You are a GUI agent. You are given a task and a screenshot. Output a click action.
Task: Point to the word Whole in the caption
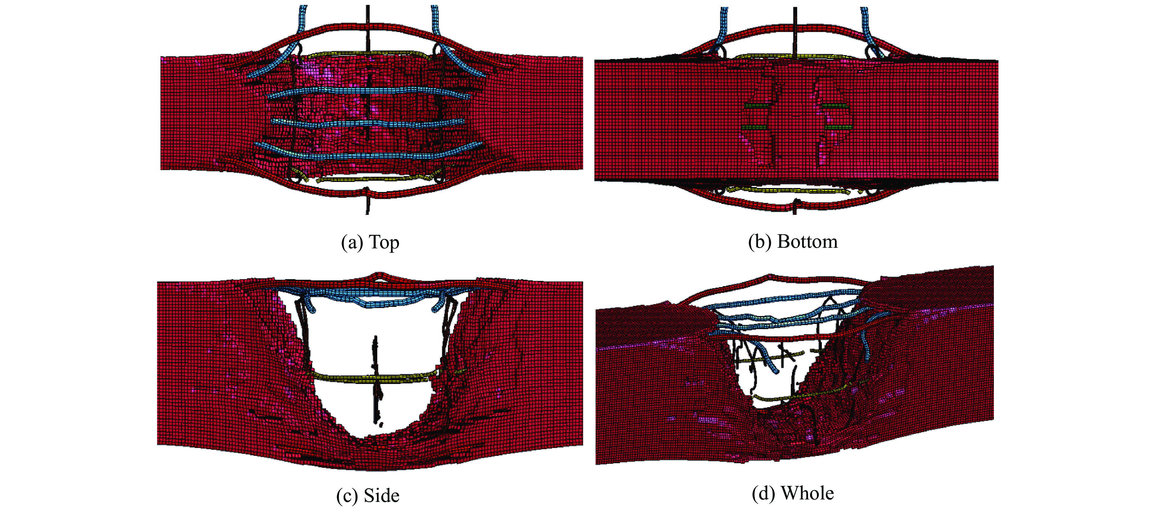point(807,493)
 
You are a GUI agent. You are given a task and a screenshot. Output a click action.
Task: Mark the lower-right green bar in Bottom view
point(837,127)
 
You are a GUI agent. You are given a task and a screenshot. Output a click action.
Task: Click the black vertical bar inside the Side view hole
point(376,380)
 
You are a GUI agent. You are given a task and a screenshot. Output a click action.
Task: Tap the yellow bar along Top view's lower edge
point(366,179)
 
